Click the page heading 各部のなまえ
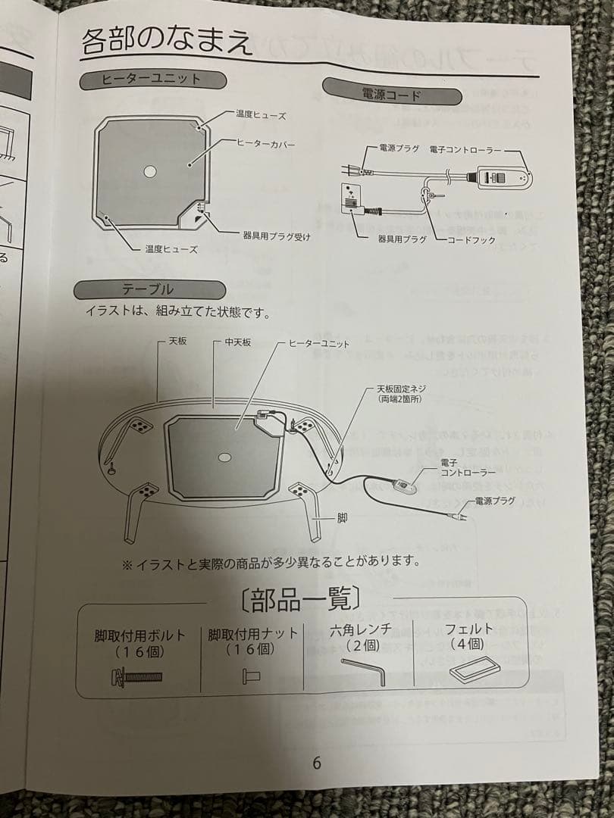(167, 41)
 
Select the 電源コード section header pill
(392, 95)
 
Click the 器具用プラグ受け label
(277, 236)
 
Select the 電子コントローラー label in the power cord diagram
(465, 150)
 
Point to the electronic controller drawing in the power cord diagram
(500, 177)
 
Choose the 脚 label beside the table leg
(342, 519)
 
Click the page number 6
(316, 763)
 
